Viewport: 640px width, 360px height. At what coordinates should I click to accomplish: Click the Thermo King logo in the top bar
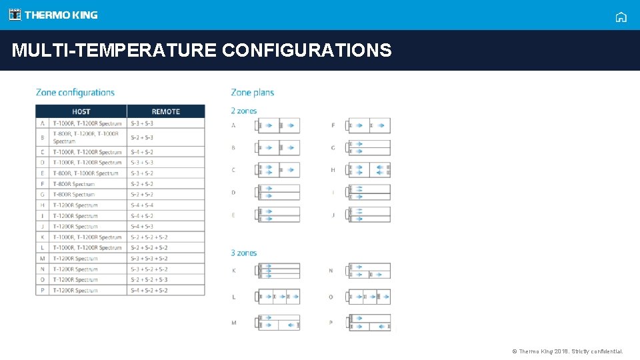tap(53, 15)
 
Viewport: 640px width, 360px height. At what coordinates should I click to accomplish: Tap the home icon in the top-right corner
tap(621, 17)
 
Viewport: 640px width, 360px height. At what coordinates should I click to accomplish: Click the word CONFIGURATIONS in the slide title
tap(307, 50)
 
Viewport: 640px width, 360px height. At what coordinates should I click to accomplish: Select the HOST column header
tap(81, 111)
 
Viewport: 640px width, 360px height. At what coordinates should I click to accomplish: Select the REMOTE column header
tap(166, 111)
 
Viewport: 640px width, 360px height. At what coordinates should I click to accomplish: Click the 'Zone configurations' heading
tap(75, 93)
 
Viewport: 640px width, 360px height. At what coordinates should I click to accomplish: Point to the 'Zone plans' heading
tap(253, 93)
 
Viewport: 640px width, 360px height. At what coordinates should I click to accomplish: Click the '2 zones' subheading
tap(244, 111)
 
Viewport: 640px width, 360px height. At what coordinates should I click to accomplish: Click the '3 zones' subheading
tap(244, 253)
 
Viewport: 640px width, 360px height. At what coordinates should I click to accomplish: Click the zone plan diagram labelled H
tap(369, 170)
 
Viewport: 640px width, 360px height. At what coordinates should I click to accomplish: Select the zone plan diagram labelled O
tap(369, 297)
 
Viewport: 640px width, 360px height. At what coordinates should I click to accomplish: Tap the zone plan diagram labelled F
tap(369, 125)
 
